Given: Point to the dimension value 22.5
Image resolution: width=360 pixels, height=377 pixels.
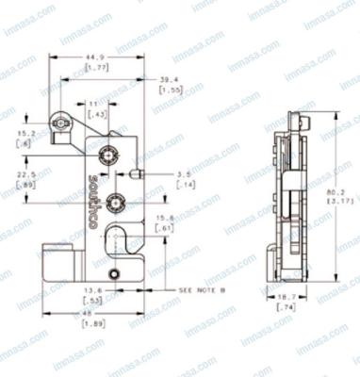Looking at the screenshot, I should click(28, 174).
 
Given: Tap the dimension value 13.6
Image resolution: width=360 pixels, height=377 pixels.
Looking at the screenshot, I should click(93, 289).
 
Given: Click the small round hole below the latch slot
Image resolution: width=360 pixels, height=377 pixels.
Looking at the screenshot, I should click(115, 273).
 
